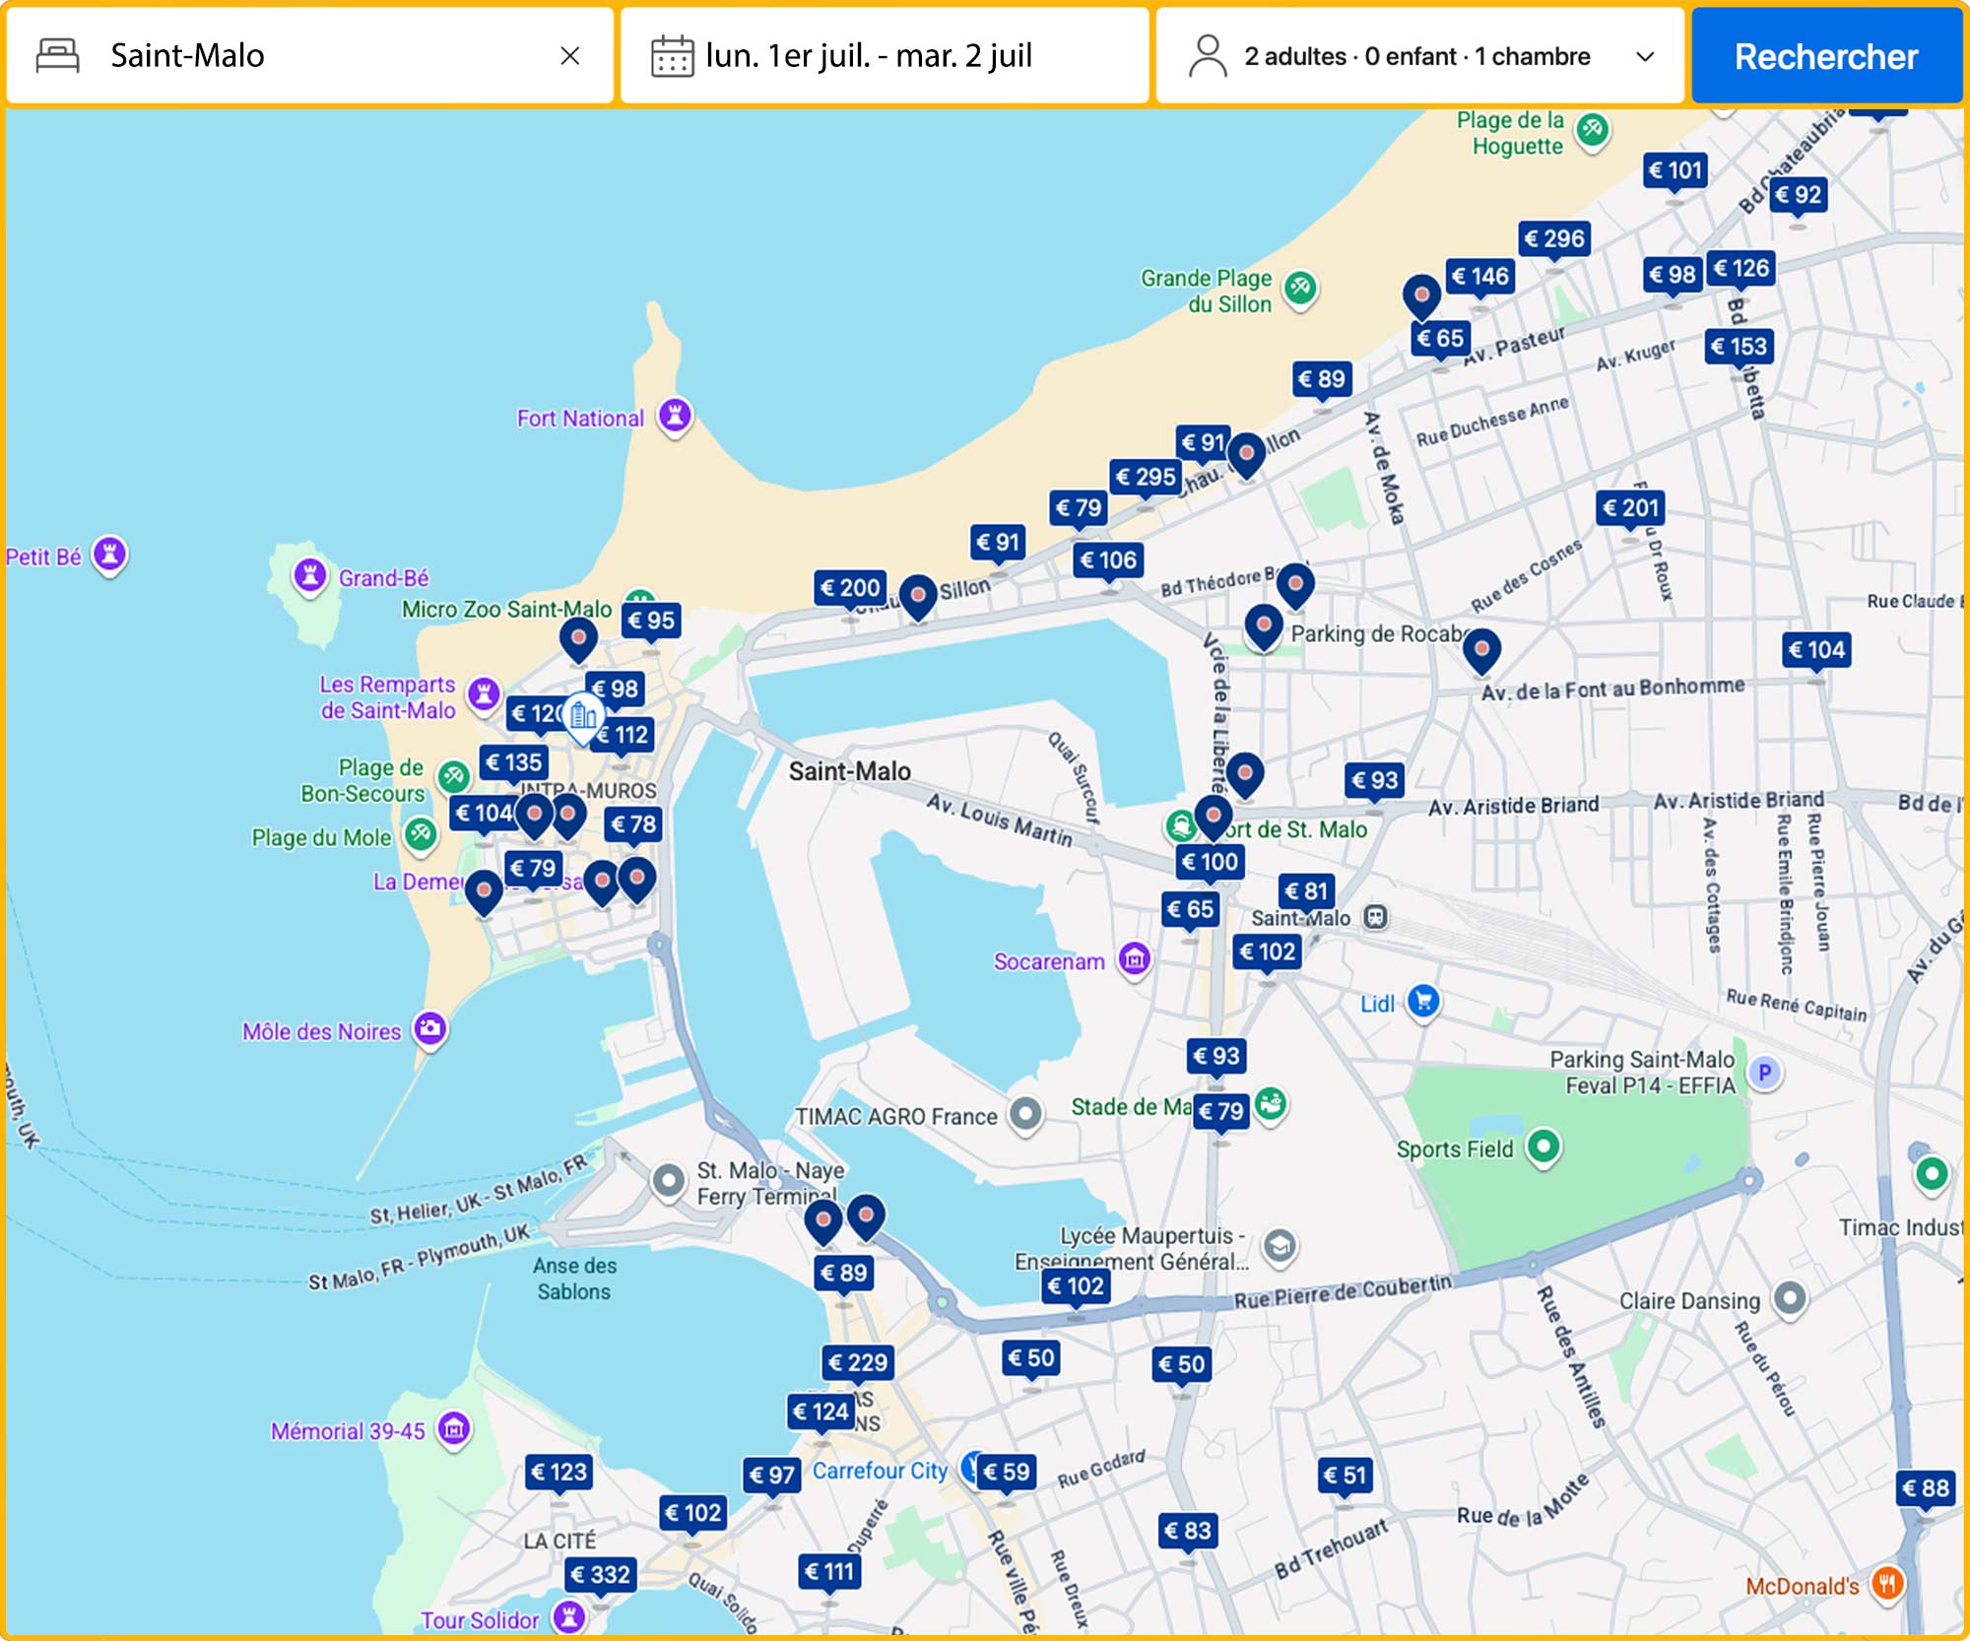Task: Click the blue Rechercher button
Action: click(x=1825, y=56)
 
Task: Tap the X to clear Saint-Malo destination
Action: click(x=569, y=56)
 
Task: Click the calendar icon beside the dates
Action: click(x=672, y=56)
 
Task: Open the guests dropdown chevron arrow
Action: click(x=1644, y=56)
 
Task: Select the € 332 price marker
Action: click(x=600, y=1574)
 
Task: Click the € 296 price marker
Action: click(x=1553, y=238)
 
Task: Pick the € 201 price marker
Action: click(x=1630, y=507)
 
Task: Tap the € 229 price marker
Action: click(x=858, y=1362)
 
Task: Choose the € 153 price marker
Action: click(x=1739, y=346)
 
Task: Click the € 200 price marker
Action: click(x=850, y=588)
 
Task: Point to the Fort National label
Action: click(x=580, y=419)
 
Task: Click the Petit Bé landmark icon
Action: click(x=109, y=555)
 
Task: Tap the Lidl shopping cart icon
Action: click(x=1422, y=1002)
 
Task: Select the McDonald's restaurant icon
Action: click(x=1886, y=1584)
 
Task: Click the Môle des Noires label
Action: click(x=321, y=1031)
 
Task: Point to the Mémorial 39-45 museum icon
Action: click(x=454, y=1428)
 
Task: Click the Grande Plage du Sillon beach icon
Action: click(x=1300, y=288)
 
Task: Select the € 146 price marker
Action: click(x=1479, y=277)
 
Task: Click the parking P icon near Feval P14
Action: click(x=1764, y=1072)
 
